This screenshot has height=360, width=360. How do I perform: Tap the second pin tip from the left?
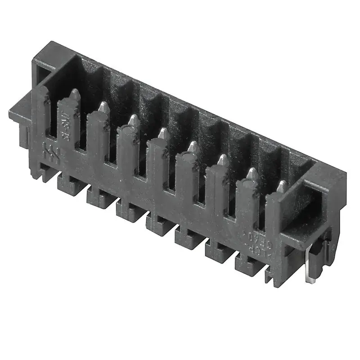click(104, 107)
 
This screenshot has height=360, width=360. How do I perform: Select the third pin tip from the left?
click(134, 120)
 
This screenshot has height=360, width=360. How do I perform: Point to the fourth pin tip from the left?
click(163, 133)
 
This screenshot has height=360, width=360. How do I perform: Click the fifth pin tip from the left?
click(193, 147)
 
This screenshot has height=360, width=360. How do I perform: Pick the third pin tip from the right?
click(223, 160)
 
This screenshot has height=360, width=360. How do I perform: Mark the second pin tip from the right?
click(252, 173)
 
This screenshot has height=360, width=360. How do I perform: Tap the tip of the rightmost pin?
click(282, 186)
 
